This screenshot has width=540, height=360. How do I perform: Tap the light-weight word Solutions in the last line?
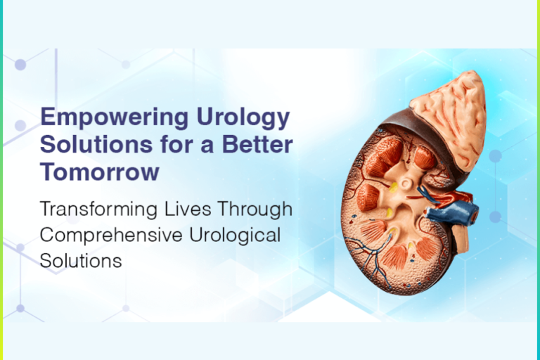coord(81,260)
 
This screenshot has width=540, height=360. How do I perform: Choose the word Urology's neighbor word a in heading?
coord(196,145)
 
